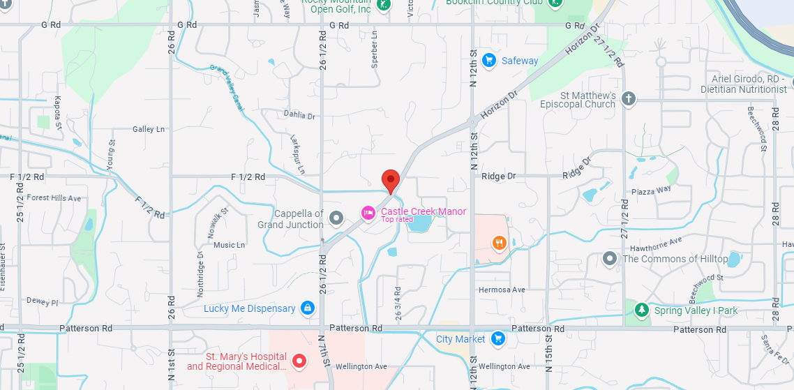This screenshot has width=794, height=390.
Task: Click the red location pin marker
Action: [x=391, y=180]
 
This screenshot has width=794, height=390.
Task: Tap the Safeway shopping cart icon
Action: [x=488, y=61]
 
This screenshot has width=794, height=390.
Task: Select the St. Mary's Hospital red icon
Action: [x=299, y=360]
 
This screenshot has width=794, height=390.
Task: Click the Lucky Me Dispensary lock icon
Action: [x=307, y=308]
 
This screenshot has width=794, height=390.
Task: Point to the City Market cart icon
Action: [x=497, y=339]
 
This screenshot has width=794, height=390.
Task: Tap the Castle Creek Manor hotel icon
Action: [x=368, y=212]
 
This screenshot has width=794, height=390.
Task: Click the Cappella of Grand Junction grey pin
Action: [x=336, y=218]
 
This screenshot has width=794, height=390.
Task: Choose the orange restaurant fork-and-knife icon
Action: [x=499, y=243]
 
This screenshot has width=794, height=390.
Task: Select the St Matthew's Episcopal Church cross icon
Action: [x=629, y=98]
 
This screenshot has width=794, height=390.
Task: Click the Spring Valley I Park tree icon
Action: [x=641, y=310]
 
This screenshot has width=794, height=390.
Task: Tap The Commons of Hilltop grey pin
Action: [x=610, y=259]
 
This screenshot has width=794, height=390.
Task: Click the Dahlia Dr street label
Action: [x=300, y=115]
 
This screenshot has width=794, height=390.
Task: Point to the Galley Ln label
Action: [x=149, y=129]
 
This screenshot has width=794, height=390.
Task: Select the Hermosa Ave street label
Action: [x=502, y=290]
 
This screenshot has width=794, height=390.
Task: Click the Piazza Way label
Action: [x=652, y=189]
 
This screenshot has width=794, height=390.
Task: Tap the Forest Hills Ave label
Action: [x=54, y=198]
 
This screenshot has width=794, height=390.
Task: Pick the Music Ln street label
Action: [x=229, y=245]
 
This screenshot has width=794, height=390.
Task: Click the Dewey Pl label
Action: [x=42, y=302]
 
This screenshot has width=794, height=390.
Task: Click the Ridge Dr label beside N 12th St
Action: [x=498, y=177]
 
